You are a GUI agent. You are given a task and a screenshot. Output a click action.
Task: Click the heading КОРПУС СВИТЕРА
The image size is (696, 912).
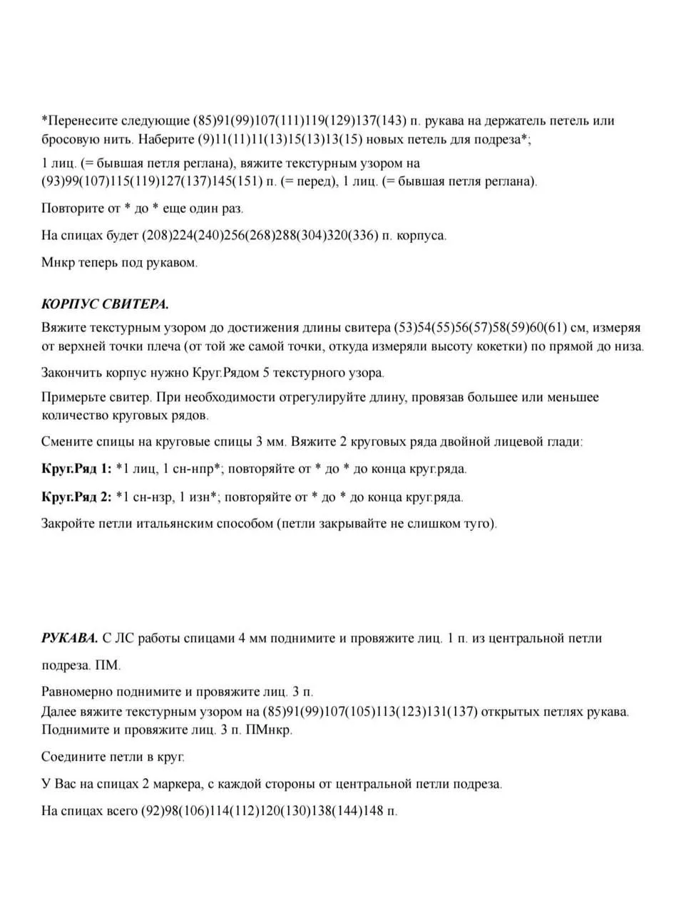tap(106, 304)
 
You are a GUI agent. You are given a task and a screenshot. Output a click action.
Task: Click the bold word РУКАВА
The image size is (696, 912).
tap(69, 638)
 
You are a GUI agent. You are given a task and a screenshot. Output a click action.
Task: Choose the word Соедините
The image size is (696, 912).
tap(74, 756)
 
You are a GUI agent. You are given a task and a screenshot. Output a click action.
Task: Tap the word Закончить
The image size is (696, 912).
tap(73, 373)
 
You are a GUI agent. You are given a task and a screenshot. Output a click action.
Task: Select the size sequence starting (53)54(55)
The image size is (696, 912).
tap(480, 328)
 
